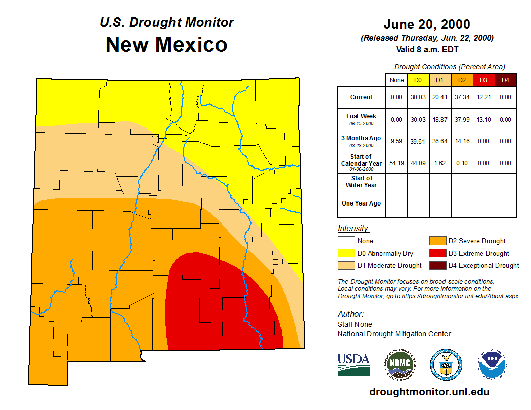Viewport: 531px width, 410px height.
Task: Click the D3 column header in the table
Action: pos(483,80)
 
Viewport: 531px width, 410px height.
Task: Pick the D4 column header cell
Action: pos(505,80)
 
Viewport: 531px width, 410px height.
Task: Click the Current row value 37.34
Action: pos(462,97)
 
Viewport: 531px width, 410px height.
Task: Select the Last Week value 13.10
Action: pos(483,120)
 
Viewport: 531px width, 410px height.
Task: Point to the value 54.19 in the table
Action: pos(397,163)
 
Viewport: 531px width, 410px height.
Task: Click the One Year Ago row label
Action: pos(362,203)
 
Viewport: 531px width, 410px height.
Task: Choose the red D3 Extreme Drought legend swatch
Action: pos(437,253)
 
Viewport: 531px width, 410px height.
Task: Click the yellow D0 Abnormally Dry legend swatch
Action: pos(346,253)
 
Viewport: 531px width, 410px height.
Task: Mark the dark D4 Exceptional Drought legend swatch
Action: pos(437,265)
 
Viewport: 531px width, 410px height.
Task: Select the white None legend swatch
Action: pos(346,241)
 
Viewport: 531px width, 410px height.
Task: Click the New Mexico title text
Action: pos(166,45)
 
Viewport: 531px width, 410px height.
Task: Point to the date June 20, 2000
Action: pos(426,24)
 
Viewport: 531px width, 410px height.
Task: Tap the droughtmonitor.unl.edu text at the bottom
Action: pos(429,392)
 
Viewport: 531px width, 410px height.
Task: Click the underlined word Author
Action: pos(350,314)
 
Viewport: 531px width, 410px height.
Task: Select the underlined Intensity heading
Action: pos(353,229)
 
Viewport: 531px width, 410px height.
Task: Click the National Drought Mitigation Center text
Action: pos(394,334)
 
